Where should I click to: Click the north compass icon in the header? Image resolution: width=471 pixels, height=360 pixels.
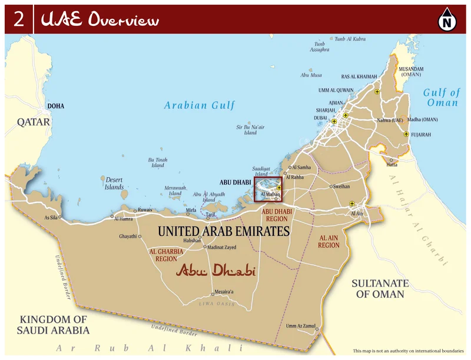[447, 22]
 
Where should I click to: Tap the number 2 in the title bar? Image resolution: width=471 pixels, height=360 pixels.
[19, 20]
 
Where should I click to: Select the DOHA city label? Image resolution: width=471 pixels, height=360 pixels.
[56, 106]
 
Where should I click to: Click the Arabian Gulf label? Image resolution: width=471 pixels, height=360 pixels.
[200, 105]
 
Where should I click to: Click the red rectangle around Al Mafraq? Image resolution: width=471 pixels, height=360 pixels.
[268, 189]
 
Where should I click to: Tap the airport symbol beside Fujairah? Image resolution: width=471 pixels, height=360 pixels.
[406, 135]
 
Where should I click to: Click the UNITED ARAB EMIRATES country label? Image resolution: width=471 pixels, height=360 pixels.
[224, 231]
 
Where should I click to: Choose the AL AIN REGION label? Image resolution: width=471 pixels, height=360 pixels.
[329, 242]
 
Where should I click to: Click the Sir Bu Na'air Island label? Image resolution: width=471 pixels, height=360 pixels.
[251, 129]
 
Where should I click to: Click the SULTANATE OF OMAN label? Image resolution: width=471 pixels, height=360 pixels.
[380, 288]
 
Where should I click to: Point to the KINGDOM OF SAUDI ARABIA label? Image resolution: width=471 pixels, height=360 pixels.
[52, 325]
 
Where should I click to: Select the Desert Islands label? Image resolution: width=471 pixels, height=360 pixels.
[114, 184]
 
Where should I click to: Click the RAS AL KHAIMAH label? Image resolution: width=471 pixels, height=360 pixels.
[359, 76]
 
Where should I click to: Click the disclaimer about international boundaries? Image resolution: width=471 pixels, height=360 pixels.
[407, 351]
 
